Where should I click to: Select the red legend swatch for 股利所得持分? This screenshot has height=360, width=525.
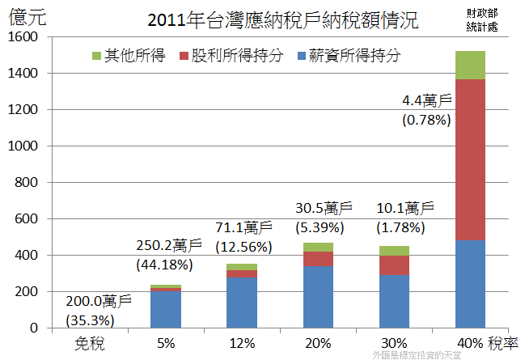point(182,57)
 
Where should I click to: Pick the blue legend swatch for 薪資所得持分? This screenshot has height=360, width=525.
point(303,57)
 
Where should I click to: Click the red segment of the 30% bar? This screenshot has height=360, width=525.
point(394,265)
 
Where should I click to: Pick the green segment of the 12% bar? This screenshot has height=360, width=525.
point(241,267)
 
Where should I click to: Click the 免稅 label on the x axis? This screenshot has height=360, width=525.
point(89,343)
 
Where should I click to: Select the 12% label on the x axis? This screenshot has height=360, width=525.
point(241,343)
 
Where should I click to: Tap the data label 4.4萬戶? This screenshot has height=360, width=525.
point(426,103)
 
